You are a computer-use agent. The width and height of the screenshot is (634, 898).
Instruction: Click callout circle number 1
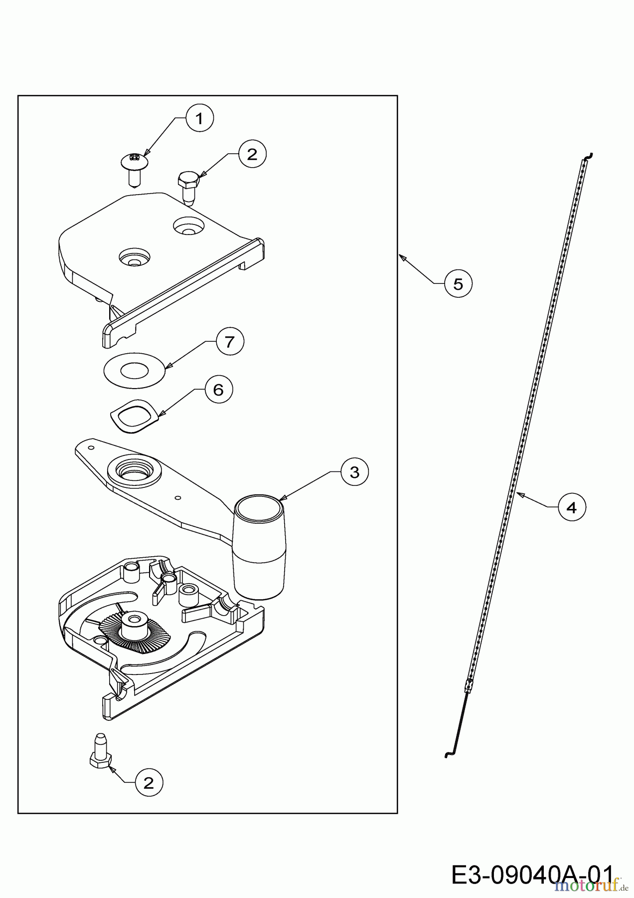(x=199, y=119)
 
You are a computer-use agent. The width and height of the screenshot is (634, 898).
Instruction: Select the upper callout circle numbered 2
(x=252, y=154)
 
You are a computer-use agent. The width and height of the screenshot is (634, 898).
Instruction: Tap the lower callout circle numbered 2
(x=149, y=783)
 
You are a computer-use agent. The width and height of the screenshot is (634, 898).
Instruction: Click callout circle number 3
(x=354, y=472)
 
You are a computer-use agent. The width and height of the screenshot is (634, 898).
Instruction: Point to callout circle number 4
(x=572, y=507)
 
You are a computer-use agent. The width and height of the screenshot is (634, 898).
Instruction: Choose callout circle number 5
(x=458, y=284)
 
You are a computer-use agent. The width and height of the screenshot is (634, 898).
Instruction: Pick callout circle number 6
(x=218, y=390)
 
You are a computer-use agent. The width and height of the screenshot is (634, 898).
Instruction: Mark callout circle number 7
(x=229, y=342)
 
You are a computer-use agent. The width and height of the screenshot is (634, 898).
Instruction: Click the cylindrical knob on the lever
(x=260, y=546)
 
